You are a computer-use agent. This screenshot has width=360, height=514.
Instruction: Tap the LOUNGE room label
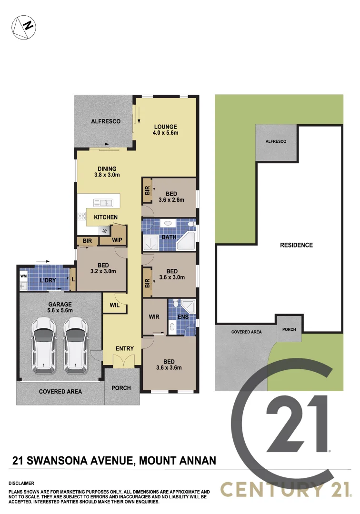pyautogui.click(x=165, y=129)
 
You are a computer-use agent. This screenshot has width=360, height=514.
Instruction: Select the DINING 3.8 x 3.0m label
pyautogui.click(x=107, y=172)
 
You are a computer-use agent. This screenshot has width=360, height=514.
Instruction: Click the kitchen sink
pyautogui.click(x=103, y=203)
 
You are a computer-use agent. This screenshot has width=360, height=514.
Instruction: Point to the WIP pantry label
pyautogui.click(x=117, y=240)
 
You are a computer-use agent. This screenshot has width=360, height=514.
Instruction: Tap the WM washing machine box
pyautogui.click(x=23, y=276)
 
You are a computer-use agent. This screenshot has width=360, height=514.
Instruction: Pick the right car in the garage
pyautogui.click(x=74, y=344)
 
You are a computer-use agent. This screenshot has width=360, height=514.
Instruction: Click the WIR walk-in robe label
pyautogui.click(x=154, y=316)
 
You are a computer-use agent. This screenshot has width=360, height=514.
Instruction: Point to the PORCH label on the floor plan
pyautogui.click(x=121, y=388)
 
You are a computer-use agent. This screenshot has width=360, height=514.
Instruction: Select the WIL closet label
pyautogui.click(x=114, y=306)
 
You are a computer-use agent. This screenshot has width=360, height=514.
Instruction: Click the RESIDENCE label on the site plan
pyautogui.click(x=296, y=245)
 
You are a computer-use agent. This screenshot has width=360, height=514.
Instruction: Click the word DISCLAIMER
pyautogui.click(x=21, y=483)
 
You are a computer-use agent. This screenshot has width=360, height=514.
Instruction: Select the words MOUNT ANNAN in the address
pyautogui.click(x=179, y=460)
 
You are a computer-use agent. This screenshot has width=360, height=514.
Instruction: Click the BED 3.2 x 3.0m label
pyautogui.click(x=103, y=268)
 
